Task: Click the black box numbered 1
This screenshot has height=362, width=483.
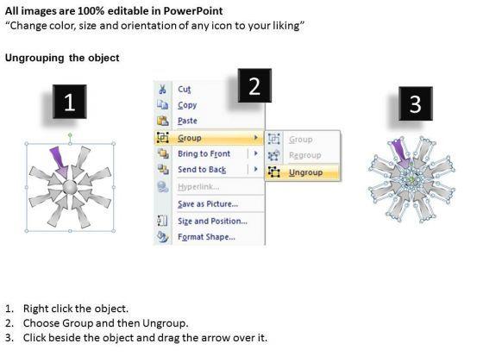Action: tap(69, 102)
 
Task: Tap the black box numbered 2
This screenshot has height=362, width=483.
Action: tap(254, 85)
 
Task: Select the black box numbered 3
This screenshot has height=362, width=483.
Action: tap(416, 103)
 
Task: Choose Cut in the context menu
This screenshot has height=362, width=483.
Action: tap(185, 90)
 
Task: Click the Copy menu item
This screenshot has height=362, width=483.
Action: tap(187, 105)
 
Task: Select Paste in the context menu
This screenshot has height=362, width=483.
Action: tap(187, 121)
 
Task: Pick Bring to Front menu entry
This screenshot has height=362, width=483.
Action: tap(204, 153)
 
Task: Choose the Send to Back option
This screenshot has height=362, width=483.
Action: tap(202, 170)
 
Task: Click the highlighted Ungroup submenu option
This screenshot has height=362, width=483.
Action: tap(305, 172)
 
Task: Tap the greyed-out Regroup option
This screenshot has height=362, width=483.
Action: tap(305, 155)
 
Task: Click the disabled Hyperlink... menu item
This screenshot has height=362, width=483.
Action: tap(198, 186)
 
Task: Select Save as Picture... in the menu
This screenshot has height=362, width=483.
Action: tap(208, 204)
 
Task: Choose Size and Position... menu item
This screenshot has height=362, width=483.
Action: tap(212, 221)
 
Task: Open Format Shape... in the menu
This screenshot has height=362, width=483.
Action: tap(206, 237)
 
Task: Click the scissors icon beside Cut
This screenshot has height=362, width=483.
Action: tap(162, 90)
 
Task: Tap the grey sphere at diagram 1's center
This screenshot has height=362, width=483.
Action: tap(70, 188)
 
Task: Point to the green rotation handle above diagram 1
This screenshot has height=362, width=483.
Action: tap(70, 134)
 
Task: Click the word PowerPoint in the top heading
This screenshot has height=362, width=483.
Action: tap(193, 10)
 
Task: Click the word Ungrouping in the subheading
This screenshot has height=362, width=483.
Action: tap(34, 58)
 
